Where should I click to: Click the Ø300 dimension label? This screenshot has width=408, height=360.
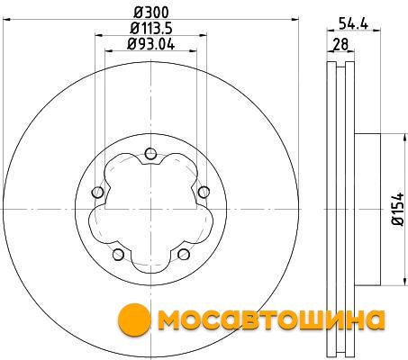pyautogui.click(x=151, y=13)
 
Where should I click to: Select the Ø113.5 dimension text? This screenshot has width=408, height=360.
pyautogui.click(x=151, y=29)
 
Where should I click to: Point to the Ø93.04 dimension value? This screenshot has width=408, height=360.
pyautogui.click(x=151, y=44)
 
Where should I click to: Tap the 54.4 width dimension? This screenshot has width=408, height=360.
pyautogui.click(x=353, y=23)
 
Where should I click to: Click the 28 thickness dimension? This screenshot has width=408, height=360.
pyautogui.click(x=340, y=44)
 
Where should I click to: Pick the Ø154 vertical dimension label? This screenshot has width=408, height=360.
pyautogui.click(x=398, y=209)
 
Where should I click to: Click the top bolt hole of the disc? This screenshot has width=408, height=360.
pyautogui.click(x=150, y=154)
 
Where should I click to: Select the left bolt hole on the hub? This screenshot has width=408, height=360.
pyautogui.click(x=97, y=193)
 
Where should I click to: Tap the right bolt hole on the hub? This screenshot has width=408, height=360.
pyautogui.click(x=204, y=192)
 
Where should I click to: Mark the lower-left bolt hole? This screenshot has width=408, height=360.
pyautogui.click(x=118, y=255)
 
